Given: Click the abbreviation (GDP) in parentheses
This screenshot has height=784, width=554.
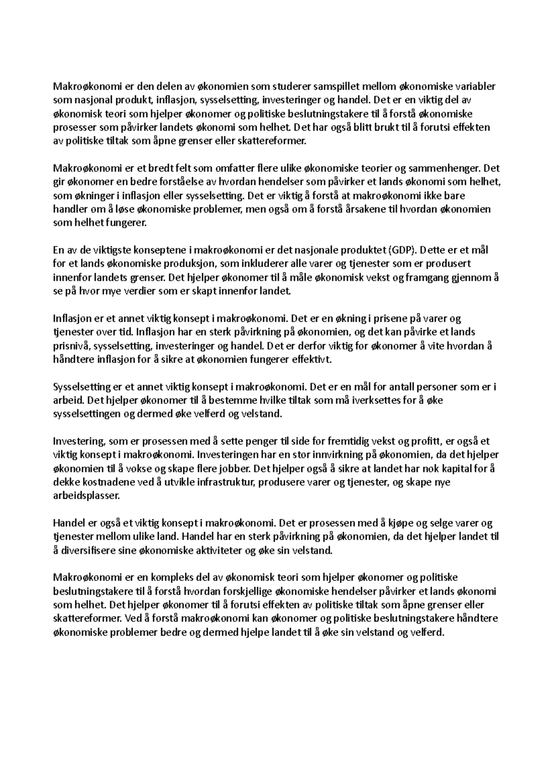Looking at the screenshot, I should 403,251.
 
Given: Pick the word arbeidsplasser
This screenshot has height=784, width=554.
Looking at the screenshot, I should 86,496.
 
